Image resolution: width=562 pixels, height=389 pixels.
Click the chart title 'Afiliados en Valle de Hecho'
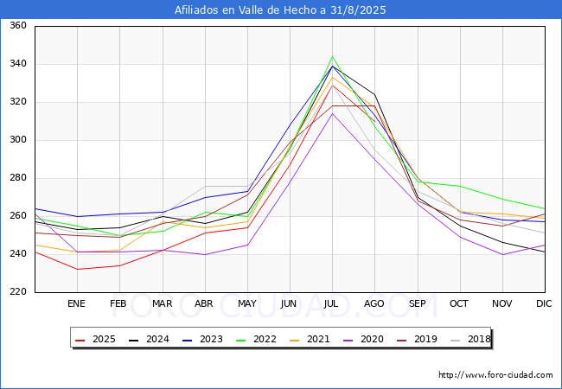280,10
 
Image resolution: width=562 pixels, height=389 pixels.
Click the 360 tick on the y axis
17,26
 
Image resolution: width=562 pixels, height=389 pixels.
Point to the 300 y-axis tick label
17,140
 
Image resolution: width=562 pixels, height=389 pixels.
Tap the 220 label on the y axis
17,292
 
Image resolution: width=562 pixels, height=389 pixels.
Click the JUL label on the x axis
332,303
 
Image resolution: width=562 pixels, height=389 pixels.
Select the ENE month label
77,303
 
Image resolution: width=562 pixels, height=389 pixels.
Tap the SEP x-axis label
417,303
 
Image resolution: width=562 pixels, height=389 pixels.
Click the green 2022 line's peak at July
332,57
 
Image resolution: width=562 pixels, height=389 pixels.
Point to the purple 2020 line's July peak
332,113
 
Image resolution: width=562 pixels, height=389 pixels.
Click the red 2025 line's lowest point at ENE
77,269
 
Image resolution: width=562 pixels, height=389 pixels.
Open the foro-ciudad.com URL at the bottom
495,375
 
